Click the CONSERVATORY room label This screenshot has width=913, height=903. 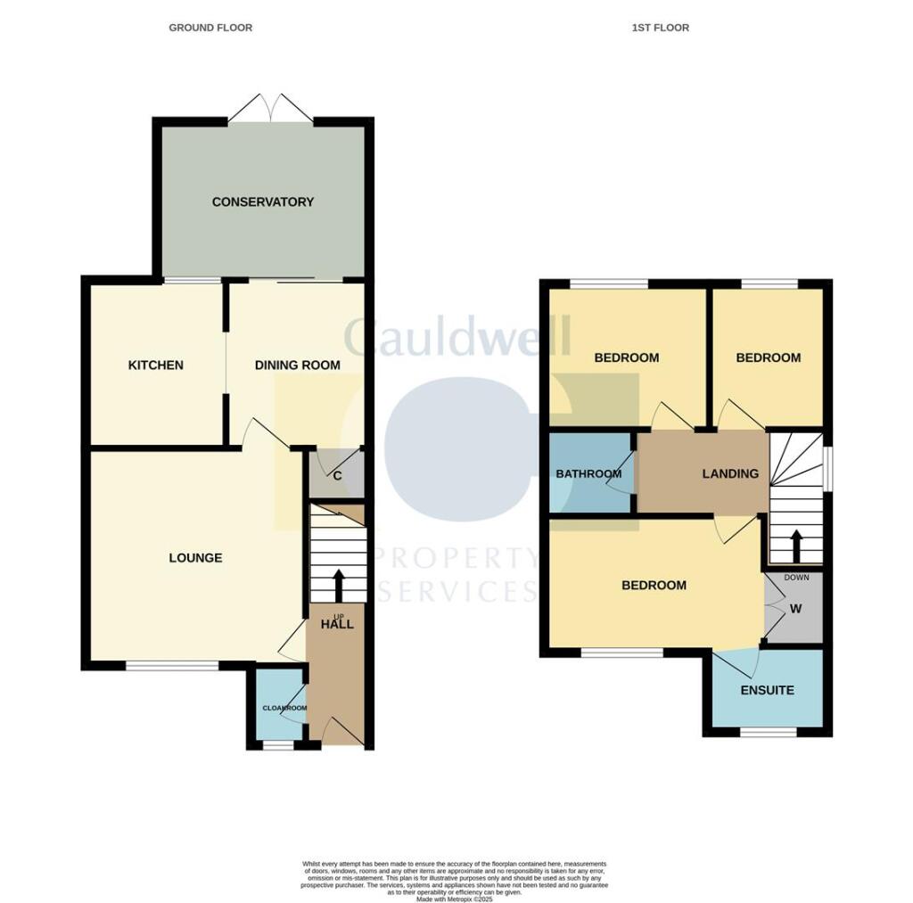263,202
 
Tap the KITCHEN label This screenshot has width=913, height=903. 156,365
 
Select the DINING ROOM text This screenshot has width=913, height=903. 298,365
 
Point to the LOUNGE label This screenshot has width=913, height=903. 195,559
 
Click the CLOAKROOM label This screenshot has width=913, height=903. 284,709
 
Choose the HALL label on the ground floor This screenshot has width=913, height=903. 338,624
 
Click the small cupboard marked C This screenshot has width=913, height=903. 337,475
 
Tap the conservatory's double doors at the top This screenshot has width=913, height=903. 271,109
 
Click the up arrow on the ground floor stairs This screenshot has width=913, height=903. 339,586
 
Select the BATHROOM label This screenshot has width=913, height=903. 588,473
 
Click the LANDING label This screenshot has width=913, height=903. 730,473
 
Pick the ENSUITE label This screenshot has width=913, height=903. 767,691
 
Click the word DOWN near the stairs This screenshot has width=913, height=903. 796,578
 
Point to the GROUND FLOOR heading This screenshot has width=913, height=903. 210,28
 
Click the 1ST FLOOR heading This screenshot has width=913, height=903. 661,28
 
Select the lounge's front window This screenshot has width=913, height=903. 172,665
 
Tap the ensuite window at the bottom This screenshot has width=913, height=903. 769,733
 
